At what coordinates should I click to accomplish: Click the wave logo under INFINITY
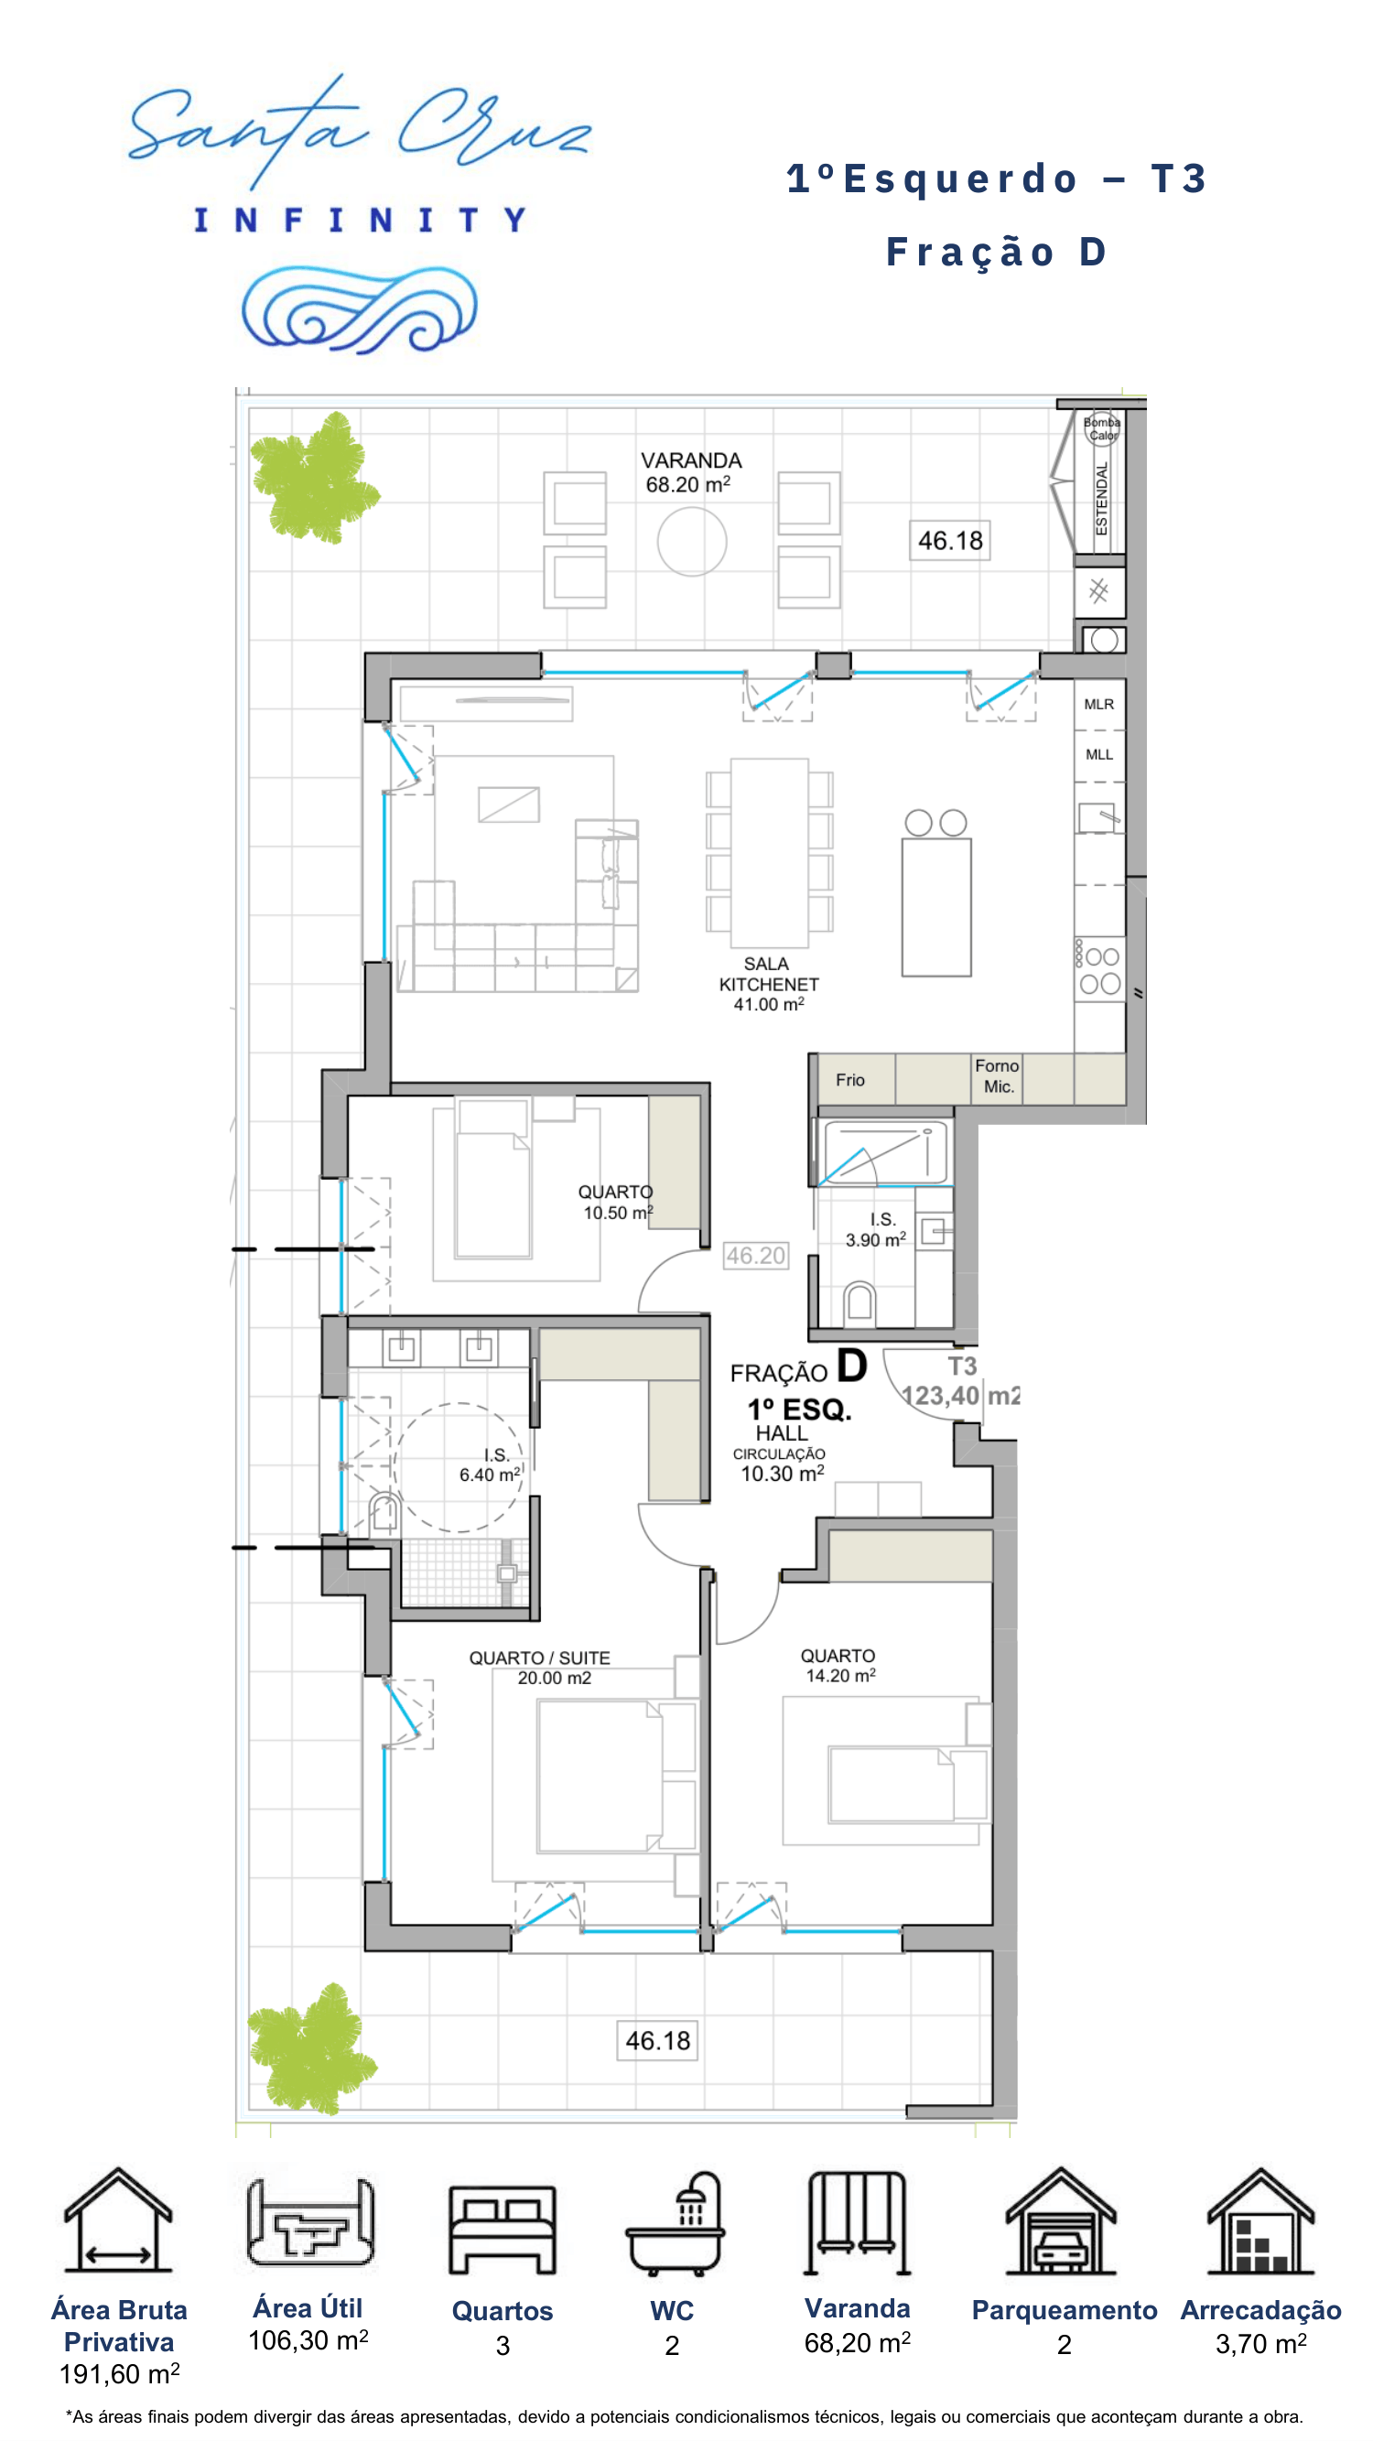coord(359,309)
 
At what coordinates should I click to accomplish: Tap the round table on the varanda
coord(692,541)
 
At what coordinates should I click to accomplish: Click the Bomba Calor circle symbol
coord(1102,428)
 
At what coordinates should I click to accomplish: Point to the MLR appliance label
coord(1099,704)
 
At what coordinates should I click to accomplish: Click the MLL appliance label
coord(1099,754)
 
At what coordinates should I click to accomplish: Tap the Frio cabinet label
coord(850,1079)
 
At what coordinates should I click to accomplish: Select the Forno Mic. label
coord(997,1076)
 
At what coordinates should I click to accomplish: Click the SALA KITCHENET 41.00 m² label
coord(769,984)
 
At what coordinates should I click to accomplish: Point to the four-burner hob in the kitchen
coord(1100,969)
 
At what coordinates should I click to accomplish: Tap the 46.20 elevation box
coord(755,1256)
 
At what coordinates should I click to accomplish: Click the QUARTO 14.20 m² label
coord(838,1665)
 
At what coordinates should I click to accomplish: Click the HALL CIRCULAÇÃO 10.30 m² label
coord(782,1453)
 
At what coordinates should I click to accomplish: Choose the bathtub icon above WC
coord(675,2224)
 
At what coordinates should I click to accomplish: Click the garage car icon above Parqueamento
coord(1061,2221)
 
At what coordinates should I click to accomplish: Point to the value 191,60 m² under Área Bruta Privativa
coord(119,2373)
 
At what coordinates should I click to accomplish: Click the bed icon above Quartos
coord(503,2230)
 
